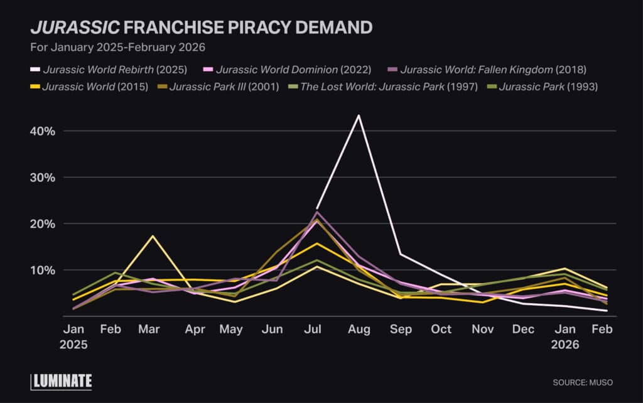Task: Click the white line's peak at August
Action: (359, 116)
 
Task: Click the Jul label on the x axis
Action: (317, 330)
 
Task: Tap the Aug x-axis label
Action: (359, 330)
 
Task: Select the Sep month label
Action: (400, 330)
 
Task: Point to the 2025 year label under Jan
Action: (75, 345)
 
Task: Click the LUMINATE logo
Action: (62, 381)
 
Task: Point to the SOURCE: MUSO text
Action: (582, 382)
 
